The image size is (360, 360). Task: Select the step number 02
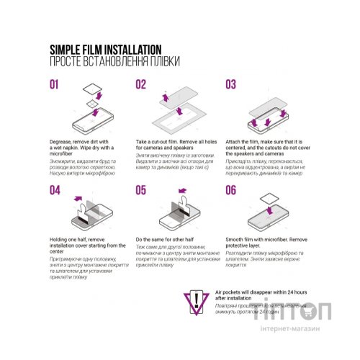pos(142,85)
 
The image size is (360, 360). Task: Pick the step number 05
pos(142,190)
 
